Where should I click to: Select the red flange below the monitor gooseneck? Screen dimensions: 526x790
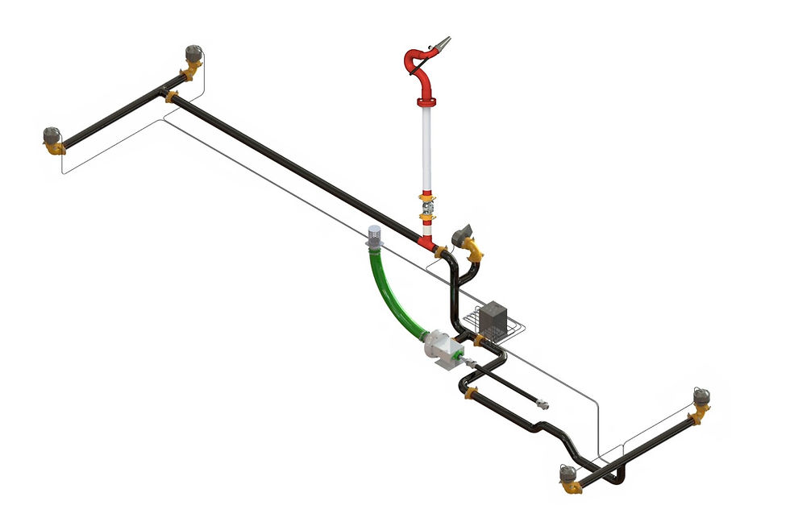[426, 101]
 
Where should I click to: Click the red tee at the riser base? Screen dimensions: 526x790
[426, 241]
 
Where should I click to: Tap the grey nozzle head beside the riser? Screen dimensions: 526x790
[463, 237]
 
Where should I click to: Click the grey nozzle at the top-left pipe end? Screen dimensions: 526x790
[193, 54]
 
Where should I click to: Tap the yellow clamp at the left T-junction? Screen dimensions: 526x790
[170, 97]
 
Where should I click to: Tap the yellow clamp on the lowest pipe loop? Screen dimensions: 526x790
[472, 392]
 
